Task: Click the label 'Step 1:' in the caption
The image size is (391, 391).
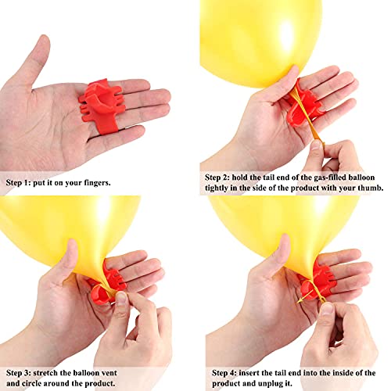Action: [x=18, y=182]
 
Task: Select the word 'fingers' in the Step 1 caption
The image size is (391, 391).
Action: [x=97, y=183]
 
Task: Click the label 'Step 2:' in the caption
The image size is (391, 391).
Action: [x=217, y=178]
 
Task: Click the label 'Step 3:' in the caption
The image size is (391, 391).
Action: [x=18, y=373]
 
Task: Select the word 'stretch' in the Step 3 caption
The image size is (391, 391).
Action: [x=45, y=373]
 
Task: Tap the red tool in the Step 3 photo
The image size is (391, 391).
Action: [x=108, y=284]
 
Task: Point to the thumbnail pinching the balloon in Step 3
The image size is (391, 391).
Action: [x=120, y=297]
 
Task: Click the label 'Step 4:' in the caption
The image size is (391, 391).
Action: [x=224, y=373]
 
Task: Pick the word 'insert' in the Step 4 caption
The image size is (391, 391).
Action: [x=249, y=373]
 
